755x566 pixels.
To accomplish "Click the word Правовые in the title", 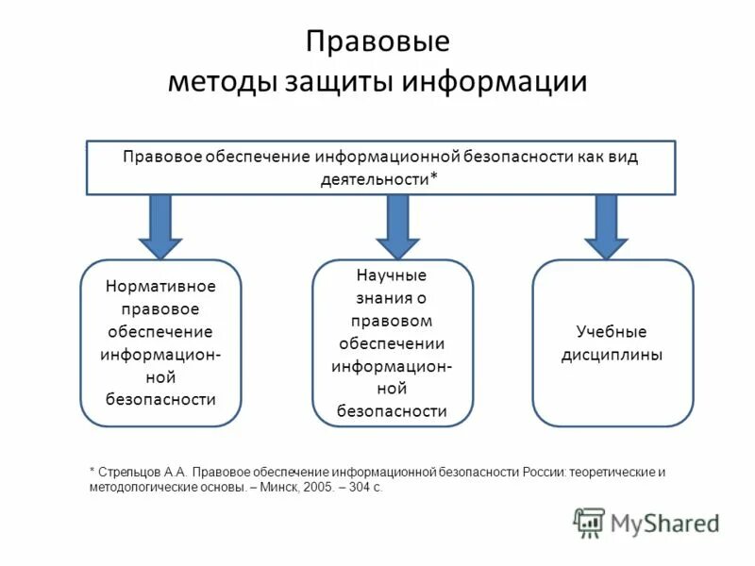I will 377,42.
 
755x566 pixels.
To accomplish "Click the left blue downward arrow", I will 160,225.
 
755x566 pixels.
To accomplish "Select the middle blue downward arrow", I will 397,225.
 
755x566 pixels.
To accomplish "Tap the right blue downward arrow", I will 606,225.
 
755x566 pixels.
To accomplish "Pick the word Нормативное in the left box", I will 160,286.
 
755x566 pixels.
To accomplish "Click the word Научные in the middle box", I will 392,275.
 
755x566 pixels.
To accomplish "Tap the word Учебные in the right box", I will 612,332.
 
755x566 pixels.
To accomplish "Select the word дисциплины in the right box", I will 612,355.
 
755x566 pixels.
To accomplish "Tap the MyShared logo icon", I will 589,522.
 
